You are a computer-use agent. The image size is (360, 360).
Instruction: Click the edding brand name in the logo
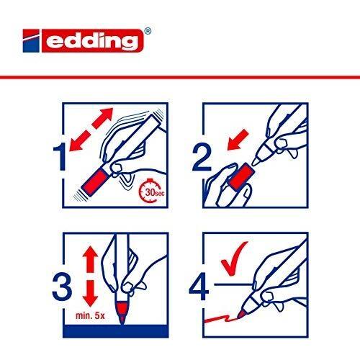pos(92,41)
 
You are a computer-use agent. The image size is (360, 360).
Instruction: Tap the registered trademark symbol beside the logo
pos(148,31)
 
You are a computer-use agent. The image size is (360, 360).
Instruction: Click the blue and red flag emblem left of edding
pos(31,41)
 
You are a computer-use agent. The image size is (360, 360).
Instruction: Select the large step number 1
pos(60,156)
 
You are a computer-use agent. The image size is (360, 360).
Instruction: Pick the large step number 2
pos(202,157)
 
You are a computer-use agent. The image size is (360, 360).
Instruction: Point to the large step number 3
pos(62,287)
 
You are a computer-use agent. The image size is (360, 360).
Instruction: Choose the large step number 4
pos(199,287)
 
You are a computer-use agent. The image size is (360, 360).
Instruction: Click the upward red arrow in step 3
pos(90,259)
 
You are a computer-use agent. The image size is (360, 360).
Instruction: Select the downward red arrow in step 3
pos(90,293)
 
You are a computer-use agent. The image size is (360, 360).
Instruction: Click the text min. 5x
pos(90,315)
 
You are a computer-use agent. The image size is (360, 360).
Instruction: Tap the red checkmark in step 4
pos(233,259)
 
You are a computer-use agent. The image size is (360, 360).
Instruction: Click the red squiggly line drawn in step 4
pos(220,319)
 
